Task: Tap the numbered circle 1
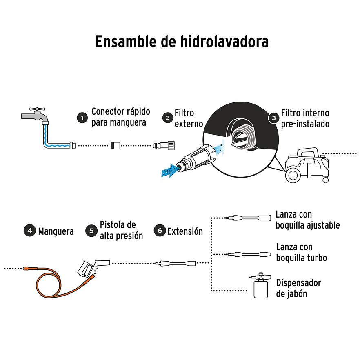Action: pos(82,118)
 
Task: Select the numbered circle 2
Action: pos(167,118)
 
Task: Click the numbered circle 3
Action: pos(273,118)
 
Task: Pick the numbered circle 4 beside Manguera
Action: pos(29,231)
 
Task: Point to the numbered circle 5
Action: pos(91,231)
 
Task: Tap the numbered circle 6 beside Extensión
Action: pos(160,231)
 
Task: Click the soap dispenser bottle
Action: pos(259,288)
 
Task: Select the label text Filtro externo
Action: pos(188,118)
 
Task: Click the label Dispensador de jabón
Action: pos(298,288)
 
